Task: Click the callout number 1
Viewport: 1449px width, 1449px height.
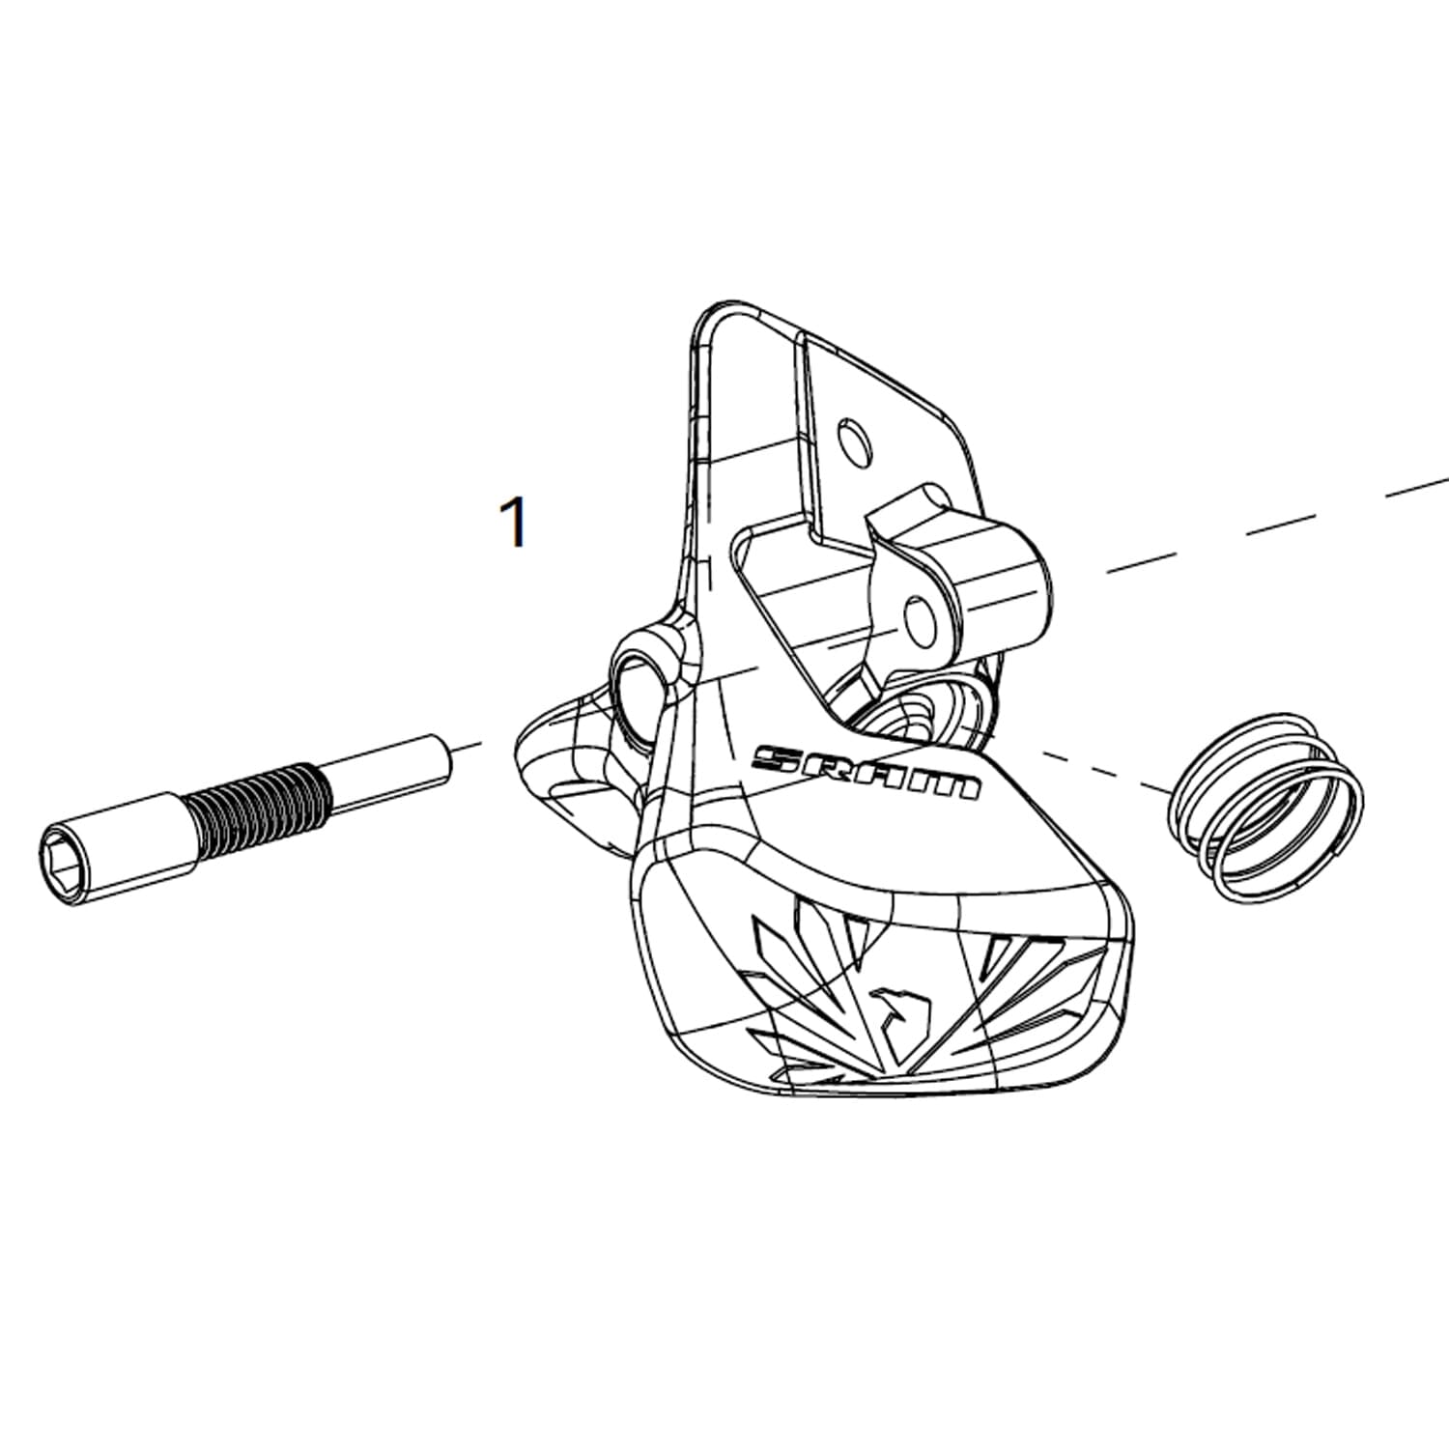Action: (x=516, y=523)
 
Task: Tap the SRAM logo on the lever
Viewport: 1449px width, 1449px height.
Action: (x=867, y=772)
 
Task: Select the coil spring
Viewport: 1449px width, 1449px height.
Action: (x=1266, y=807)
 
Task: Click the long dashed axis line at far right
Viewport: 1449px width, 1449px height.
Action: (x=1275, y=526)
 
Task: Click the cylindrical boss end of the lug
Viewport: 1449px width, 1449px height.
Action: (x=1006, y=580)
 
